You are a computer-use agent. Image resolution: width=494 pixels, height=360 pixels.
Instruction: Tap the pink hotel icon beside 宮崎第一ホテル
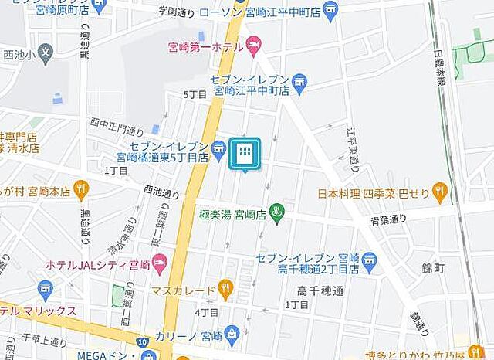pos(254,48)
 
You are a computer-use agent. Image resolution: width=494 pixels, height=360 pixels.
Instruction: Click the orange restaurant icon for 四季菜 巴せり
pos(440,189)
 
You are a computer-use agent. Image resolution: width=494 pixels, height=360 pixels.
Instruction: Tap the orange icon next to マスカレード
pos(225,290)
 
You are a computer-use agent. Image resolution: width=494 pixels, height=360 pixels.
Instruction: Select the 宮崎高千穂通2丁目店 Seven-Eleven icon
pos(370,263)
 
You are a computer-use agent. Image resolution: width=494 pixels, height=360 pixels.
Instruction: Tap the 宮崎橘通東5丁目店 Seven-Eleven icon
pos(219,147)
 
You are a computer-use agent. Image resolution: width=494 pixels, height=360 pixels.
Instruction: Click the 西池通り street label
pos(161,191)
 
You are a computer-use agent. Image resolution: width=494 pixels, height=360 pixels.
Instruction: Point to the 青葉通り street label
pos(387,220)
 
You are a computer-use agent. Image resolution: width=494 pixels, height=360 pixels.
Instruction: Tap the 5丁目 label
pos(195,93)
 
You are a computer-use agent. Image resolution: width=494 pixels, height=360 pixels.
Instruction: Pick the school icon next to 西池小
pos(46,54)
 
